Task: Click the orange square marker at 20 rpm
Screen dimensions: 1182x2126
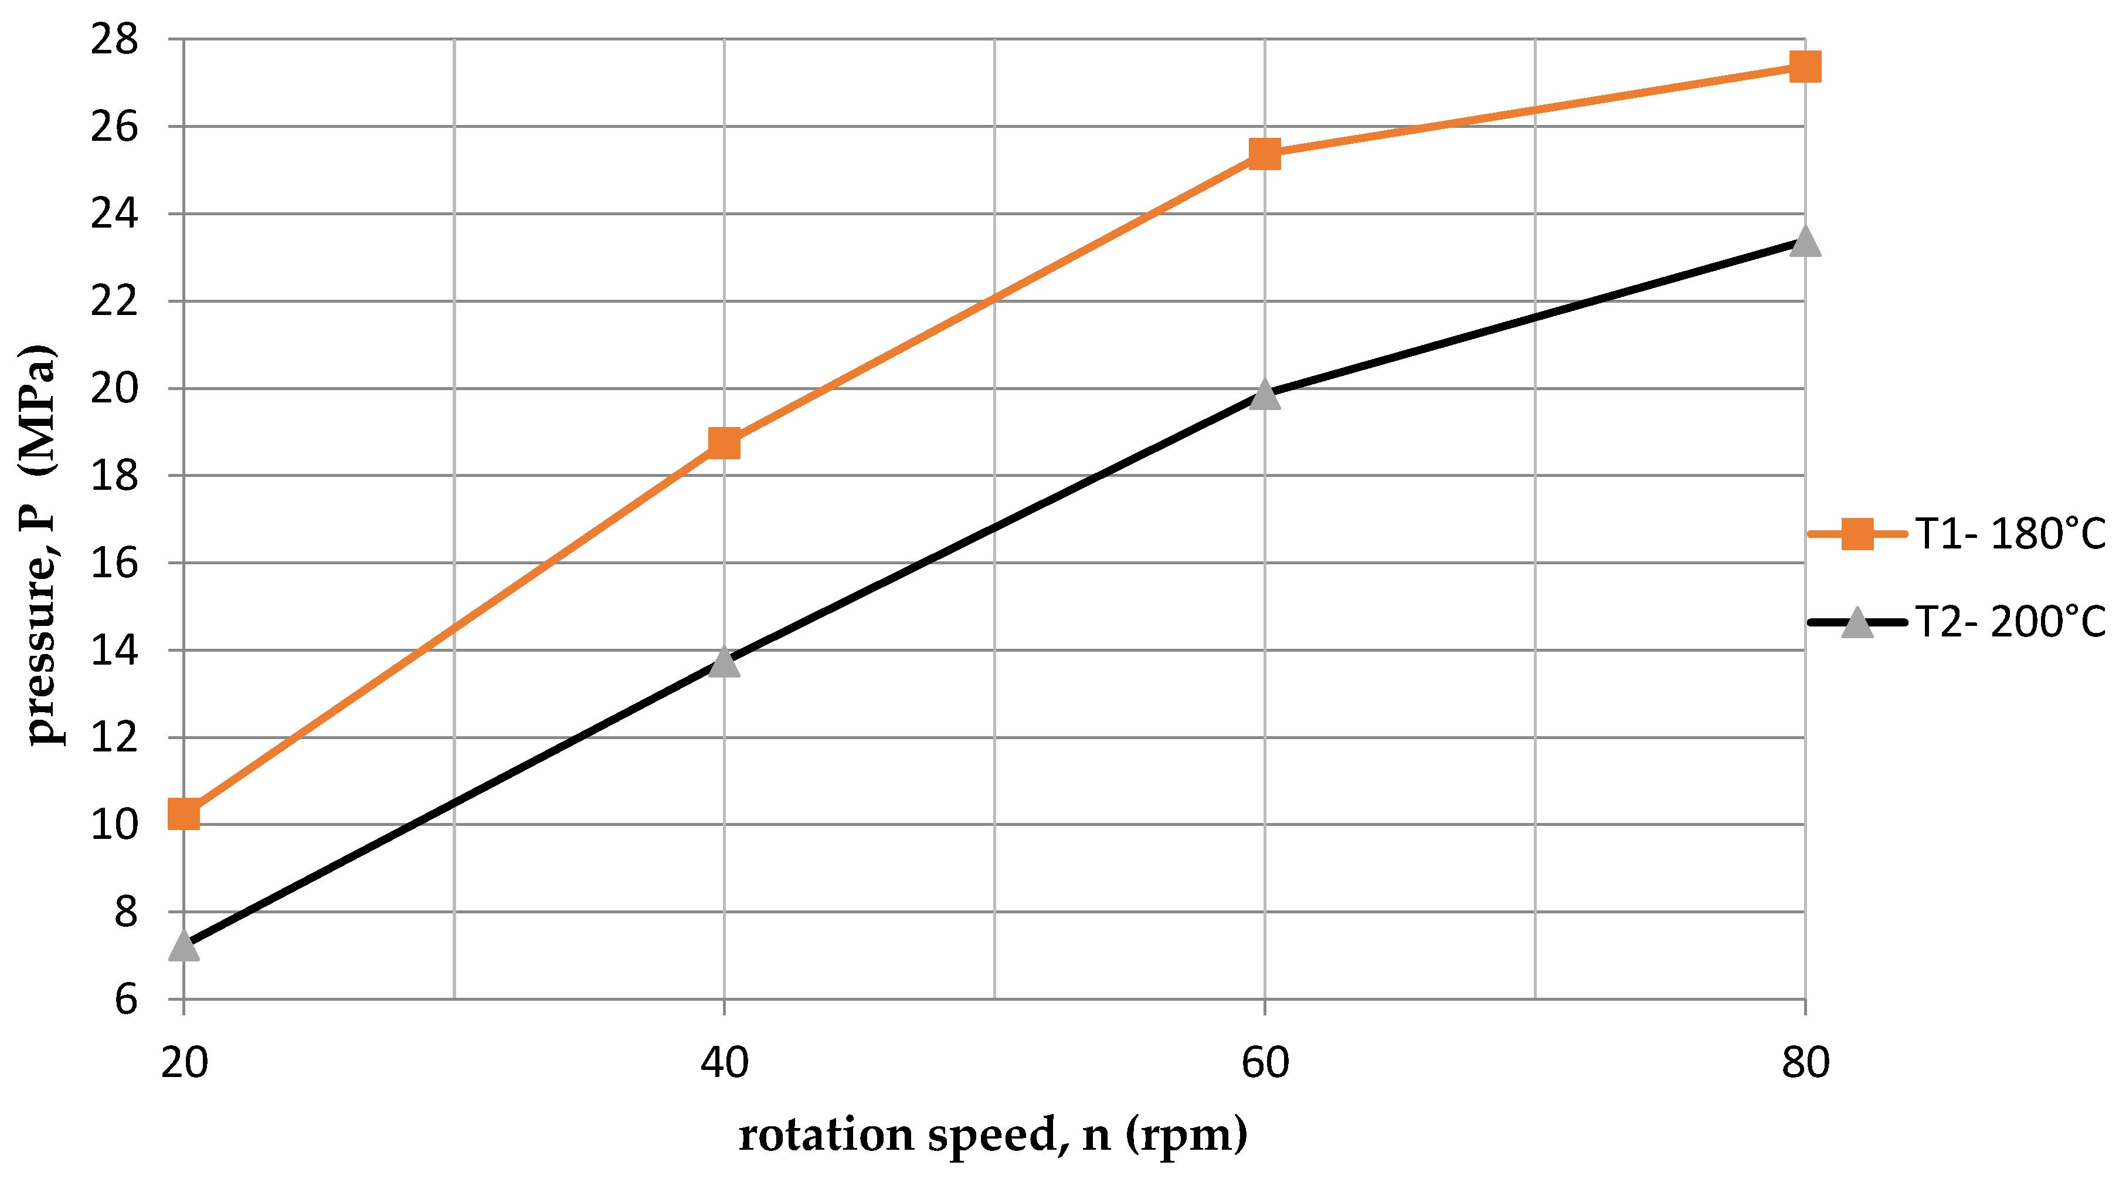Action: (x=183, y=814)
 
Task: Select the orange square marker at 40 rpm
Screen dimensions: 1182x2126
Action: (x=724, y=443)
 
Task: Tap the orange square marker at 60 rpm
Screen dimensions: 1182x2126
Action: (x=1264, y=154)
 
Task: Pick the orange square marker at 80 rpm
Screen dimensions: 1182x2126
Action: (x=1805, y=67)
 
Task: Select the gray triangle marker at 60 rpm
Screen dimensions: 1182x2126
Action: (x=1264, y=395)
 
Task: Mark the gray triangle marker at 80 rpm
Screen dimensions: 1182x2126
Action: (x=1805, y=242)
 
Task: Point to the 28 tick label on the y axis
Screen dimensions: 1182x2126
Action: (x=114, y=40)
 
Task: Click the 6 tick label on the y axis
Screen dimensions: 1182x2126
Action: (x=125, y=1000)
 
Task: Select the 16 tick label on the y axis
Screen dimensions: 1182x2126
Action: (x=114, y=564)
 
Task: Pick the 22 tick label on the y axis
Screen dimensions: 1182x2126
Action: (x=114, y=302)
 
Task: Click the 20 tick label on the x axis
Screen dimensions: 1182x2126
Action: (x=184, y=1062)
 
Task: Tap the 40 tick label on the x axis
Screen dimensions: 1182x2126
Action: (x=724, y=1062)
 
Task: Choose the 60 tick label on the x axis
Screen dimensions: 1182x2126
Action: (x=1264, y=1062)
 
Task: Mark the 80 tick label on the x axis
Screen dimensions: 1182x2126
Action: (x=1805, y=1062)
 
